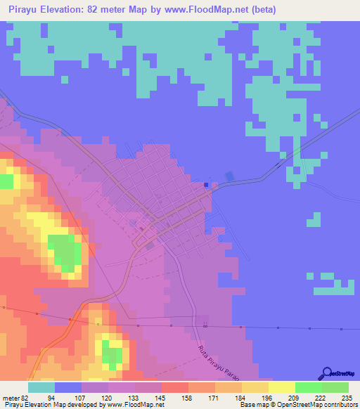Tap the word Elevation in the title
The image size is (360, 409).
point(65,10)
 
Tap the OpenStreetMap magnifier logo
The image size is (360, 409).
point(328,373)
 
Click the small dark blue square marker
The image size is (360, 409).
point(206,185)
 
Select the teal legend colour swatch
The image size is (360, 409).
point(41,387)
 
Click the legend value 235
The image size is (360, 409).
point(345,397)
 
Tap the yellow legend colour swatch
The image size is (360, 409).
point(282,387)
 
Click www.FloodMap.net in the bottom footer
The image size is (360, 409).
point(134,405)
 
